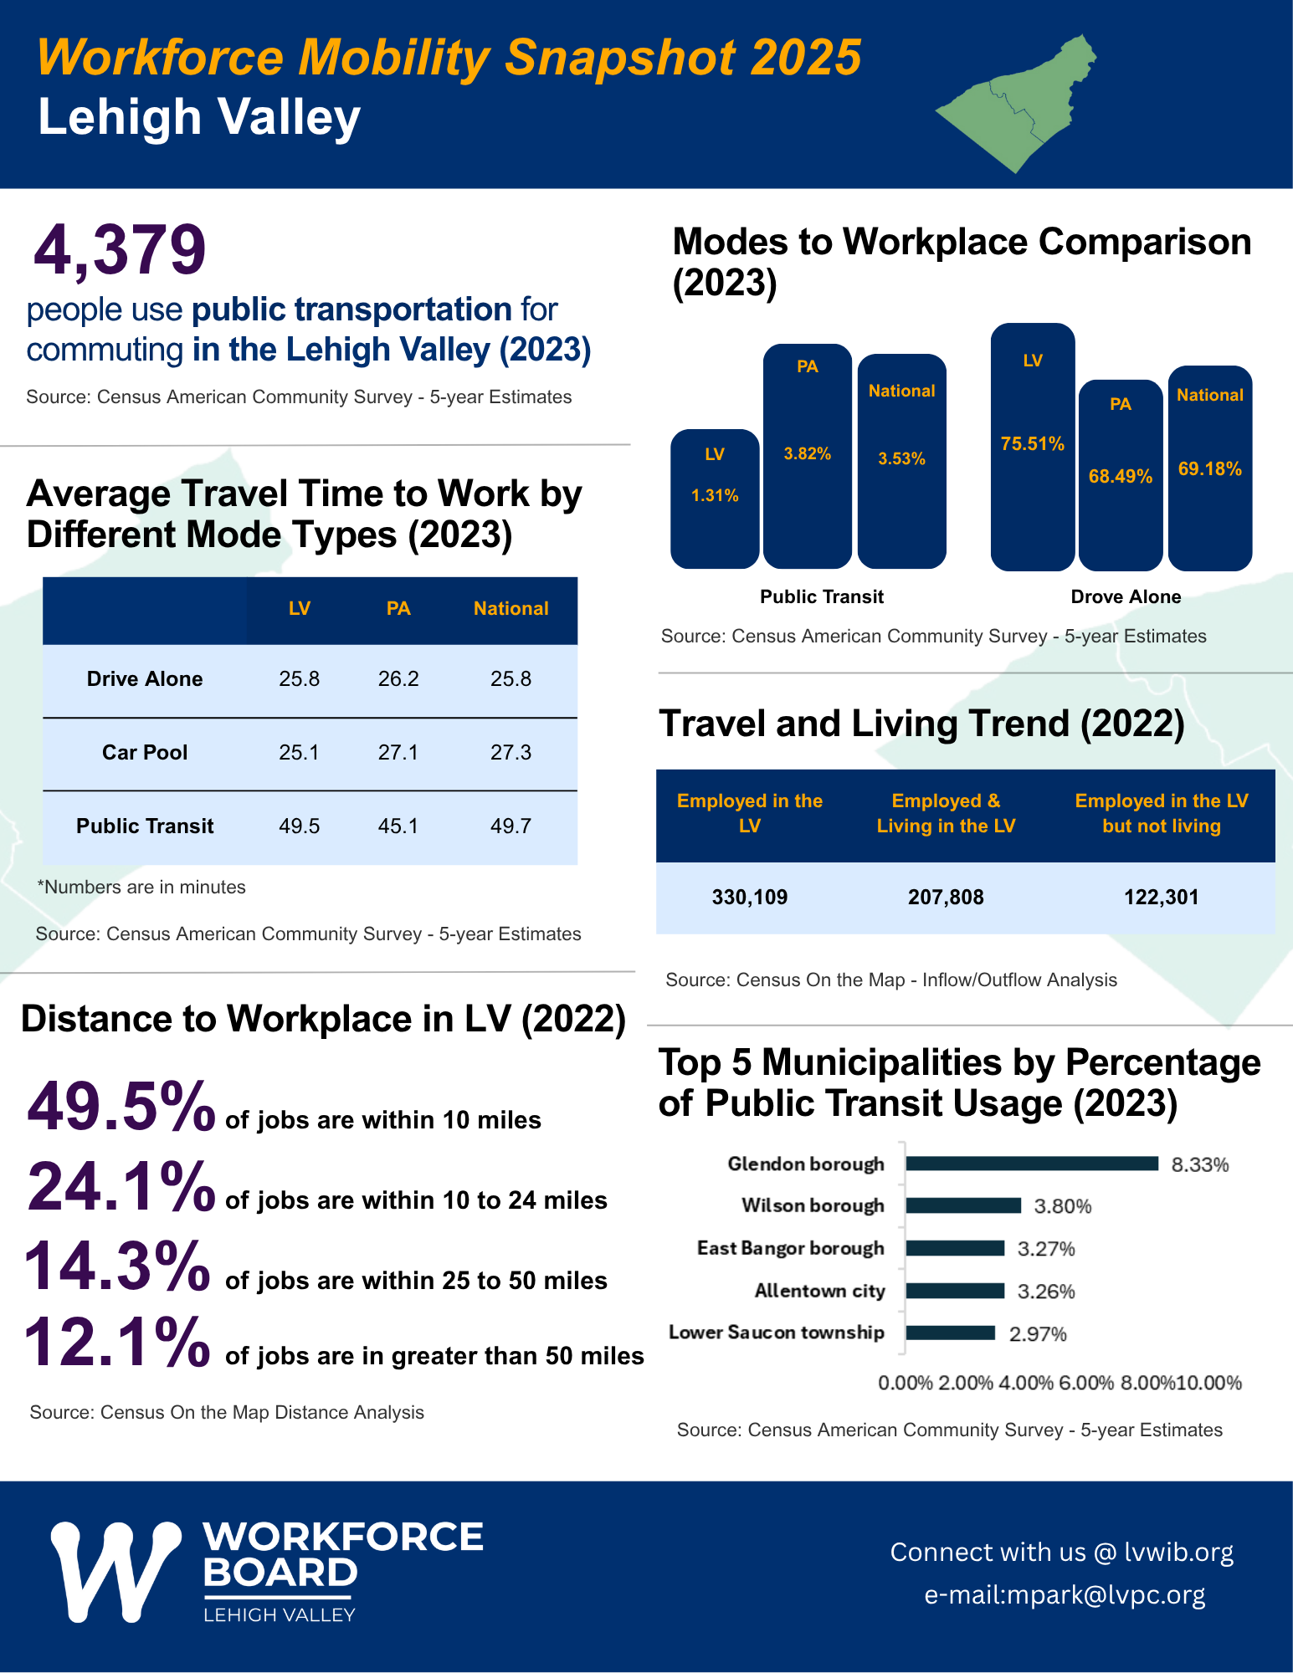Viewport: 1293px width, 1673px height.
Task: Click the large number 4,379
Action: click(120, 249)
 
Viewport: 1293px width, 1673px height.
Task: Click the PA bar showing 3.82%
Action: click(807, 455)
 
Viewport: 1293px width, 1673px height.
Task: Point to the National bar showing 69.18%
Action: click(1209, 468)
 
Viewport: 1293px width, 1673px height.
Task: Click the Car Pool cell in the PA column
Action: click(398, 753)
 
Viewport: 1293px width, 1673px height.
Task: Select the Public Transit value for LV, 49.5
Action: click(300, 826)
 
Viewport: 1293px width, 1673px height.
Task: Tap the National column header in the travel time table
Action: click(511, 609)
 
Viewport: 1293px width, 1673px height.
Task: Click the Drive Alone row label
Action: click(145, 679)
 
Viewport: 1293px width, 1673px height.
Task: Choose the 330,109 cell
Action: click(750, 898)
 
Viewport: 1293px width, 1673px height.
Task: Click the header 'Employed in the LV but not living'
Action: click(1161, 813)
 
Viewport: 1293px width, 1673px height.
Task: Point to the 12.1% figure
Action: click(117, 1343)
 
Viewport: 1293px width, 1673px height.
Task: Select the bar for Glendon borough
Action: click(1031, 1164)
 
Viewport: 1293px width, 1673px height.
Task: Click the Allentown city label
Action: click(819, 1291)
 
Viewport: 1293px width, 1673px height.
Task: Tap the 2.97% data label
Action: click(1038, 1334)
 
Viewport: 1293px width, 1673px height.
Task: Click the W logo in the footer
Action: click(115, 1571)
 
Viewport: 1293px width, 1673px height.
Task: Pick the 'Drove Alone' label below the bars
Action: click(1126, 597)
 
